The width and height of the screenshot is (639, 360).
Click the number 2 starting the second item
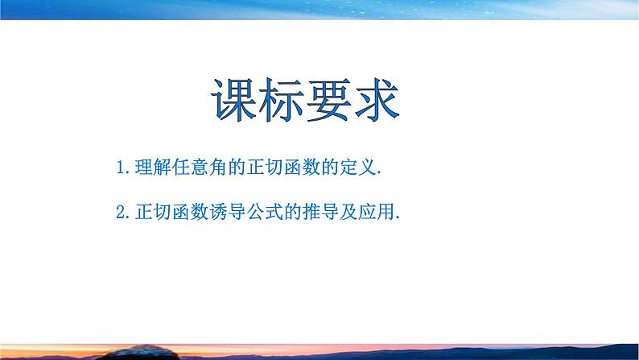tap(120, 213)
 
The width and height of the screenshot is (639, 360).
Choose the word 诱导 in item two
tap(221, 213)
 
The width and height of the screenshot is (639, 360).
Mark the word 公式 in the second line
tap(256, 213)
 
